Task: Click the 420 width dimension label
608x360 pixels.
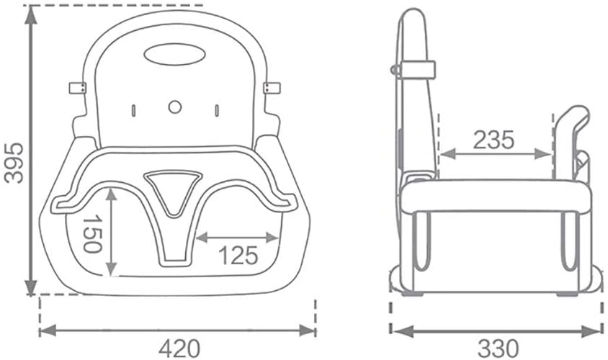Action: point(179,348)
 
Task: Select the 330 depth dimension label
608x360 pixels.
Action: point(496,348)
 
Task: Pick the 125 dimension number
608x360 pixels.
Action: point(237,255)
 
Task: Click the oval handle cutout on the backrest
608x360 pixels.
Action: point(174,53)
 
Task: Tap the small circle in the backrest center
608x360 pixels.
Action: point(174,106)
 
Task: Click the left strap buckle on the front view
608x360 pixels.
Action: point(77,87)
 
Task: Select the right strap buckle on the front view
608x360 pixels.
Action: point(272,87)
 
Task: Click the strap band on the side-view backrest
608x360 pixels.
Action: point(418,69)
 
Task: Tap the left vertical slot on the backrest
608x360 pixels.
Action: point(133,110)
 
